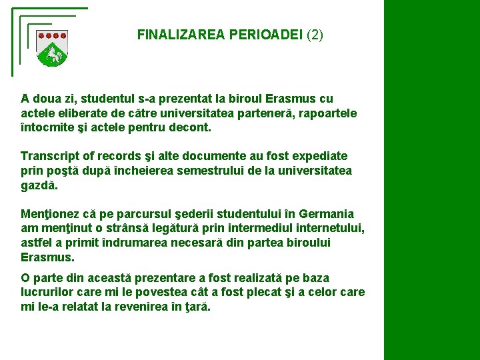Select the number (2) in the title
pyautogui.click(x=315, y=35)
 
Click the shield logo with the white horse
pyautogui.click(x=51, y=49)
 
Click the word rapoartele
pyautogui.click(x=323, y=113)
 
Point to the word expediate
pyautogui.click(x=319, y=156)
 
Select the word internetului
pyautogui.click(x=327, y=229)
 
